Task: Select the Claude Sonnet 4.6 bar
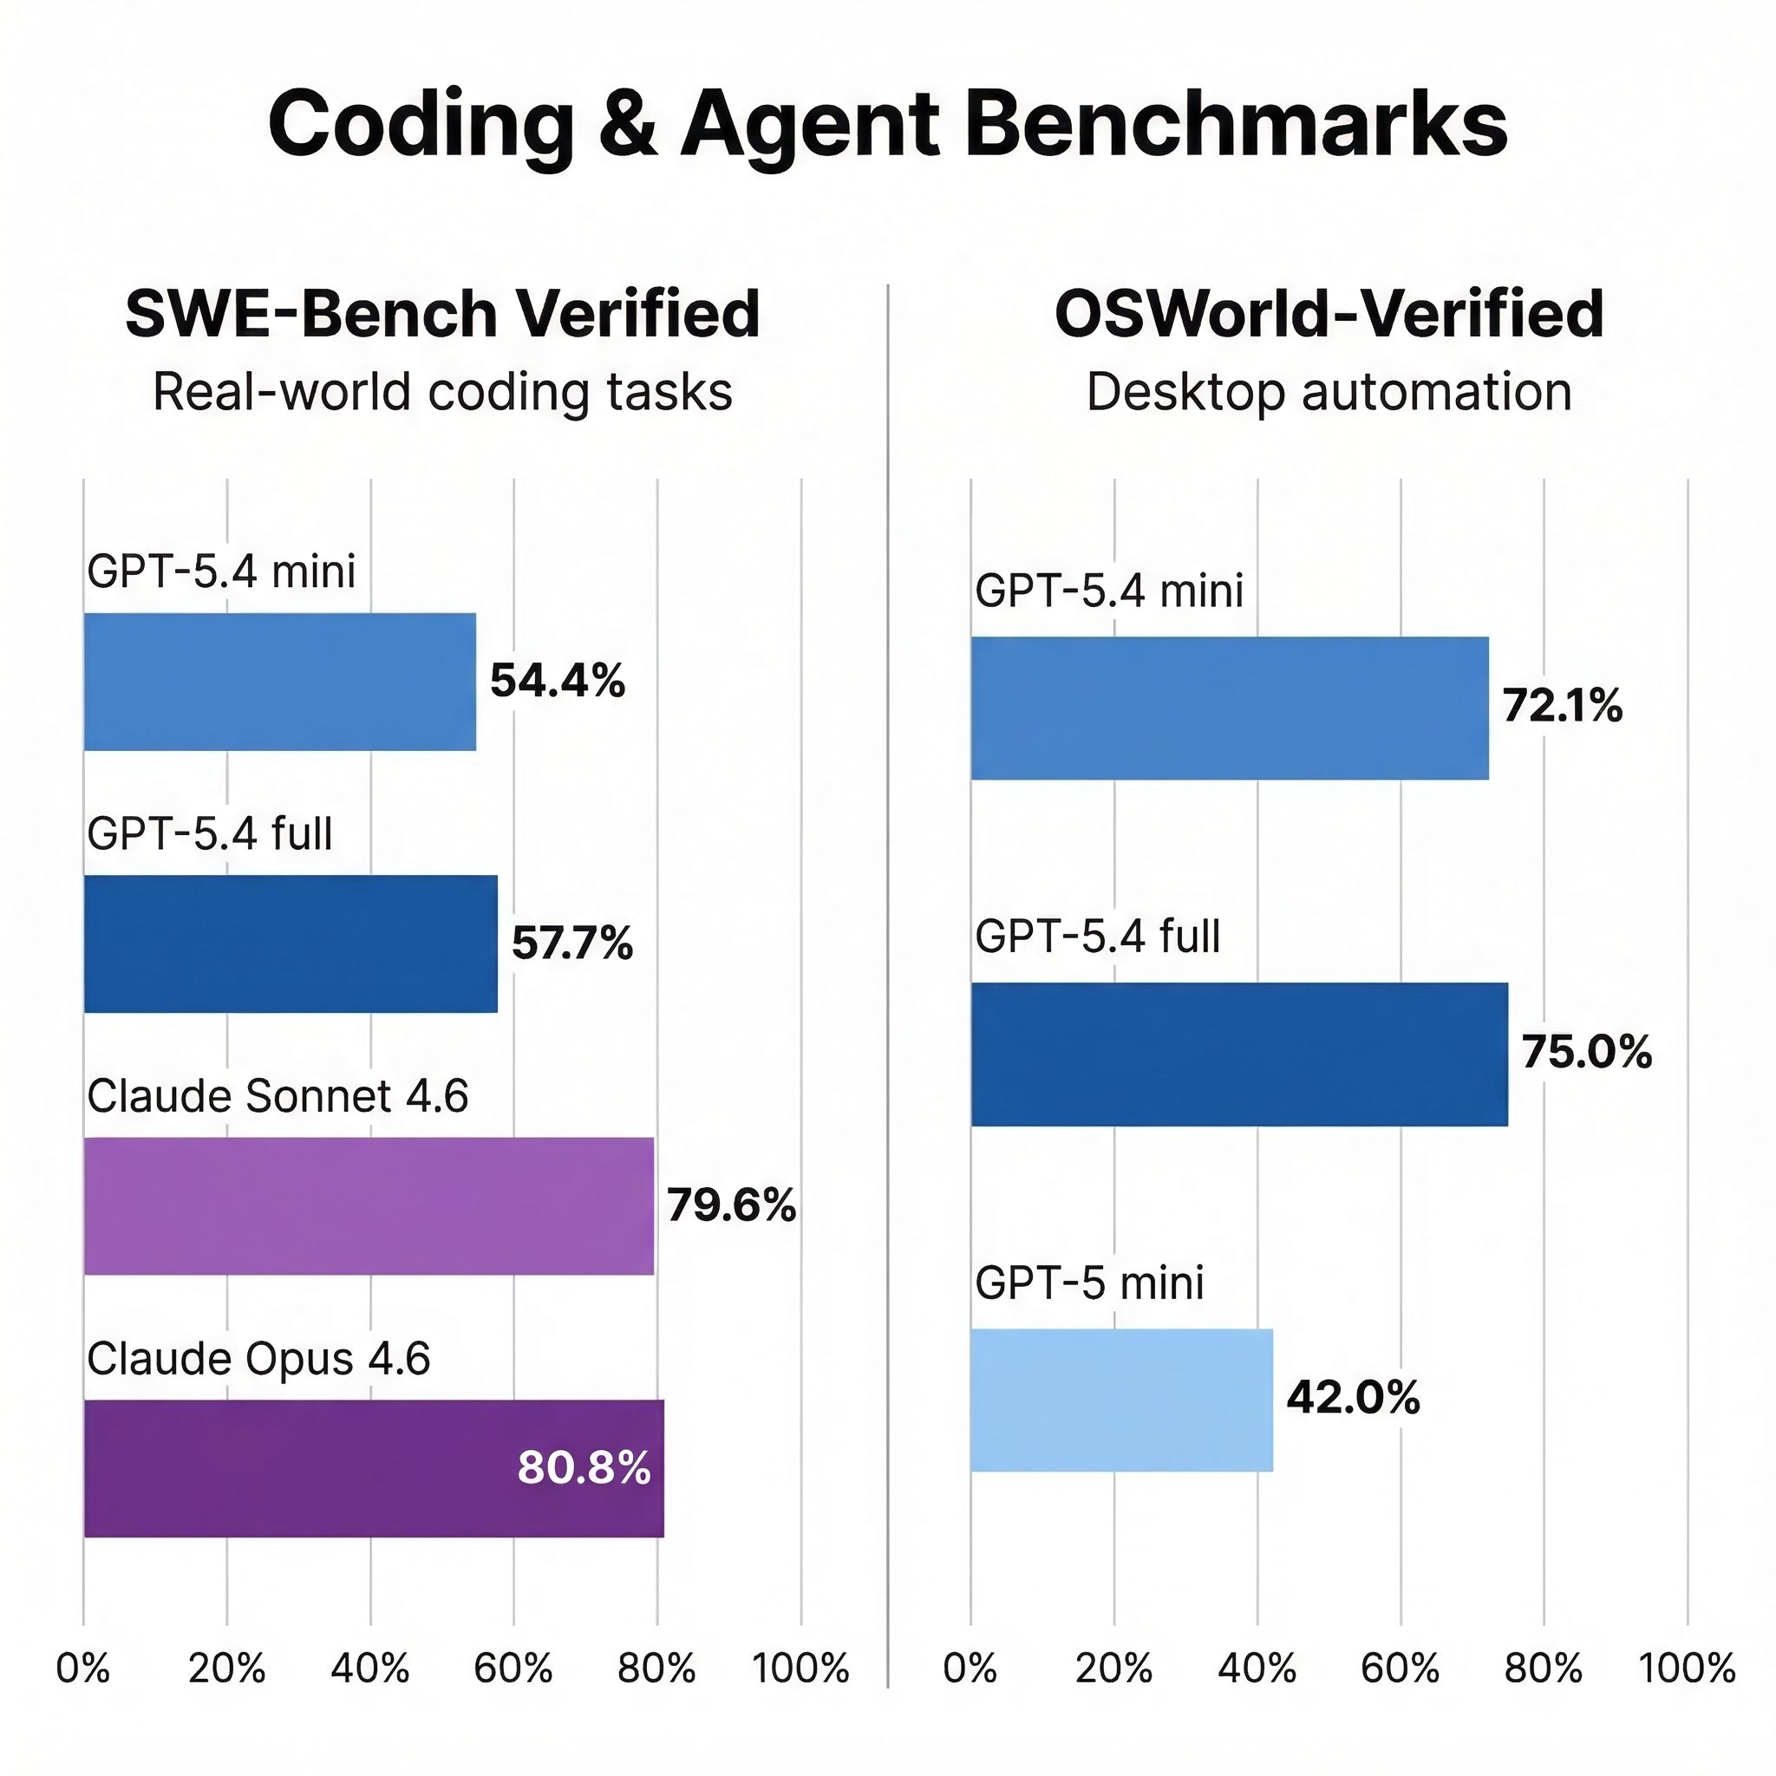[x=369, y=1206]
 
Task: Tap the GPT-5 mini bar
[x=1121, y=1400]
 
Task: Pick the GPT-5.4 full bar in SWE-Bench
[x=291, y=944]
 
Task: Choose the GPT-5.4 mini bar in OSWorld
[x=1229, y=708]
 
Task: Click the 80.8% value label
[x=584, y=1468]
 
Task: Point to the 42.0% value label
[x=1352, y=1398]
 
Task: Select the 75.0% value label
[x=1586, y=1053]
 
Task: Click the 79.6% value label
[x=731, y=1205]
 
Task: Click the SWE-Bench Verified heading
[x=442, y=315]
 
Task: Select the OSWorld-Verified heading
[x=1329, y=315]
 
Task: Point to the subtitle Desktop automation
[x=1329, y=393]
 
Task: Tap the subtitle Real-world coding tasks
[x=442, y=393]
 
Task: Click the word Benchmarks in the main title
[x=1236, y=124]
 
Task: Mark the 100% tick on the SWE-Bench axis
[x=800, y=1668]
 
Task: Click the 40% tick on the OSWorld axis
[x=1257, y=1668]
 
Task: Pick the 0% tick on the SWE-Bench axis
[x=83, y=1668]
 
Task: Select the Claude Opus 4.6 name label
[x=258, y=1359]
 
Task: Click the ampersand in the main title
[x=628, y=126]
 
